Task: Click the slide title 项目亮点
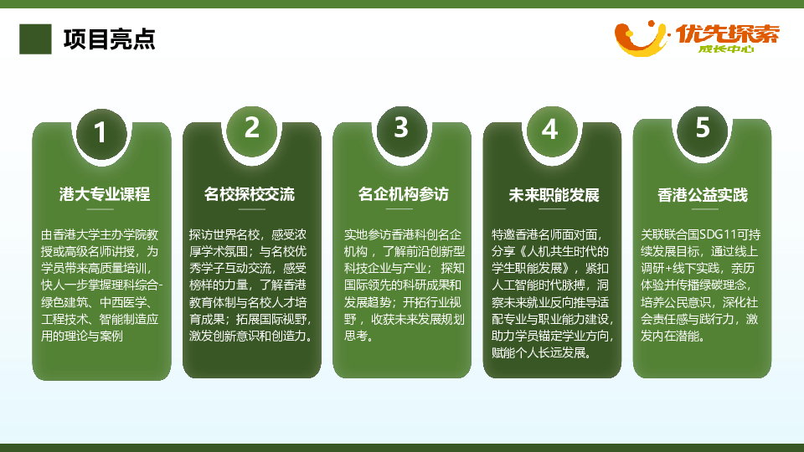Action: click(x=109, y=39)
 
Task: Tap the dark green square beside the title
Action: click(x=35, y=39)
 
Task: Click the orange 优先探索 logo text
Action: click(x=728, y=33)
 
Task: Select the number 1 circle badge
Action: click(x=101, y=133)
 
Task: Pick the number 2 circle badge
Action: click(x=251, y=129)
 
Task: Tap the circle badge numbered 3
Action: click(x=401, y=128)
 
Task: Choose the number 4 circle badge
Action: click(x=552, y=130)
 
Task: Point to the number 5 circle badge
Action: click(x=702, y=128)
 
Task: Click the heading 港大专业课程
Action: click(x=105, y=194)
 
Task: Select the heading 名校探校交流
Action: click(x=250, y=194)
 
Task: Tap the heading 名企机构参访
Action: click(x=403, y=194)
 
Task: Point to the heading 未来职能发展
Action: click(x=554, y=195)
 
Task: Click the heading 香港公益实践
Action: click(x=703, y=195)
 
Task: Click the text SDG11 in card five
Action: click(x=718, y=234)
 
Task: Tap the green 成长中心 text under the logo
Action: click(x=726, y=49)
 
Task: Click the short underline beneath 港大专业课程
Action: click(x=100, y=209)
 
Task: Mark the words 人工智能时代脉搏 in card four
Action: click(x=539, y=285)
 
